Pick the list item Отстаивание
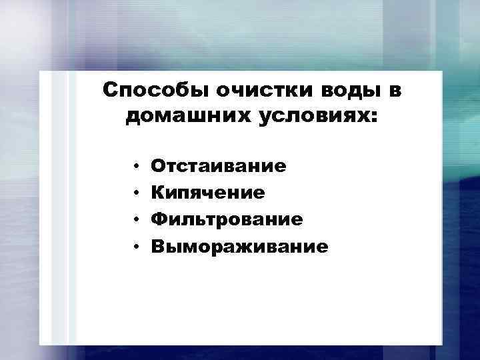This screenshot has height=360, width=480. [219, 165]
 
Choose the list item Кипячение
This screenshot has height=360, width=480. [208, 193]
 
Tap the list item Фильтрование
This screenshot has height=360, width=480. [227, 219]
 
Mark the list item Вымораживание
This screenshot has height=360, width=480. [239, 247]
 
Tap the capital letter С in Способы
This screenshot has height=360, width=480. [111, 89]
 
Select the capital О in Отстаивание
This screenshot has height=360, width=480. [158, 165]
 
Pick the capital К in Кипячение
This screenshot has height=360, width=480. [157, 193]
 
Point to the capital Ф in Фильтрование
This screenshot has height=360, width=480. [159, 219]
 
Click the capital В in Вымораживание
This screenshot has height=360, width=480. [157, 247]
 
